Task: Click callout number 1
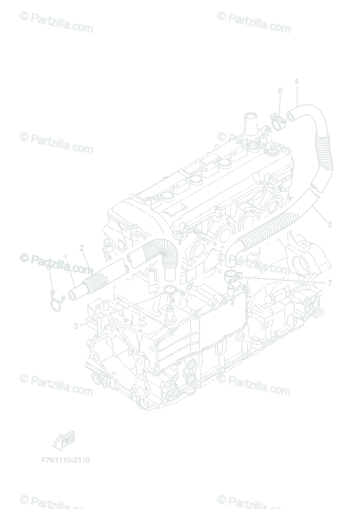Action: [x=65, y=257]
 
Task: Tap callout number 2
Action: [x=82, y=248]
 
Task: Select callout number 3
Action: [x=76, y=326]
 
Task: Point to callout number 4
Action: [x=296, y=81]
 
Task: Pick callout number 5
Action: [x=330, y=225]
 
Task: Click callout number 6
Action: [x=280, y=91]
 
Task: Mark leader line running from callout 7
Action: [x=284, y=280]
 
